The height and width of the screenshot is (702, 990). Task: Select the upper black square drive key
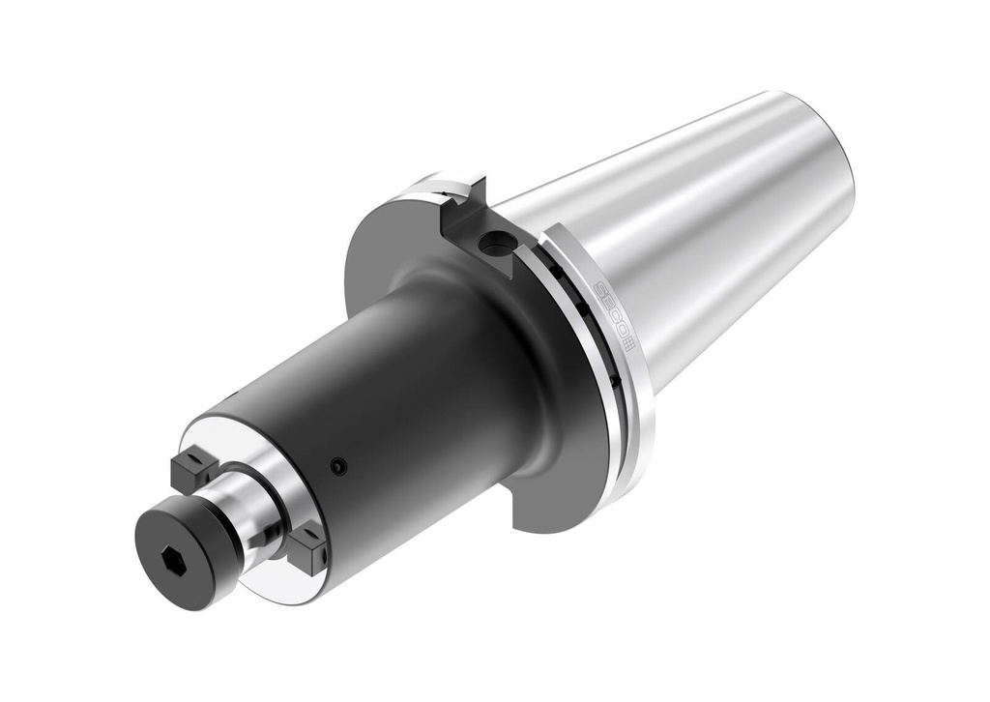point(193,469)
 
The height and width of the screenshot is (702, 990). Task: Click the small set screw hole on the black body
point(335,466)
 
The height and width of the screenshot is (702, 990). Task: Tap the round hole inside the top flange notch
point(497,247)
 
